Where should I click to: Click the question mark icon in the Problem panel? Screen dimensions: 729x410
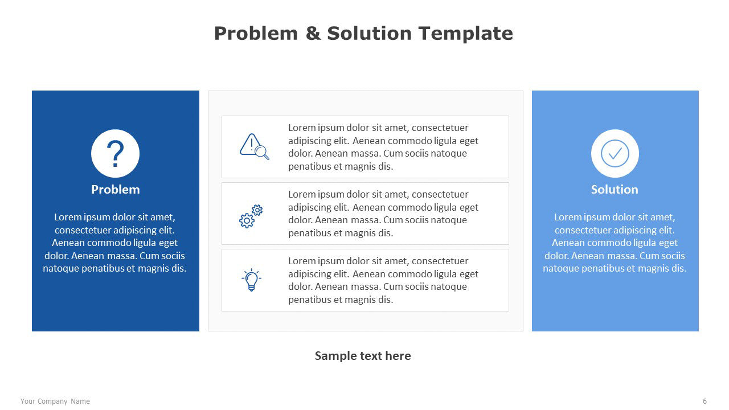115,154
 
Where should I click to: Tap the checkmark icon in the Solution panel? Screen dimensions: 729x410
615,154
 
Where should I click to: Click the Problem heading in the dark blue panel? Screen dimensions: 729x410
116,190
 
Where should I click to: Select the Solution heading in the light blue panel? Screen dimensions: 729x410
615,190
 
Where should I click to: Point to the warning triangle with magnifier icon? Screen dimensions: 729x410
255,146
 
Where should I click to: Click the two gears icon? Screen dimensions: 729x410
251,216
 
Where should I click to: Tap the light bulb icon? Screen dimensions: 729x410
251,280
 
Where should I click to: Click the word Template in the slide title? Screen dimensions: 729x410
466,34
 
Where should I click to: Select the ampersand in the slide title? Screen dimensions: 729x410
313,33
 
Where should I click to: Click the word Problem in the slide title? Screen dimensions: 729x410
256,33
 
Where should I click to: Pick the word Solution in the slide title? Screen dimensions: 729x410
370,33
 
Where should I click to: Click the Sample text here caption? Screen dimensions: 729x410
363,356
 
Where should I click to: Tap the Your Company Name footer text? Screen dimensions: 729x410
55,401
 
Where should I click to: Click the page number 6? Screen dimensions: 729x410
705,401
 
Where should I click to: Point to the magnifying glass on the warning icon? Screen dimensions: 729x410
262,152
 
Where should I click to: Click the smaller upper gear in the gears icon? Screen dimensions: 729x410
257,210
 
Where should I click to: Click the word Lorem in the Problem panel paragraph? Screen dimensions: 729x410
68,217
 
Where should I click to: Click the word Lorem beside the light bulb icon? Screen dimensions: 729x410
302,261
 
